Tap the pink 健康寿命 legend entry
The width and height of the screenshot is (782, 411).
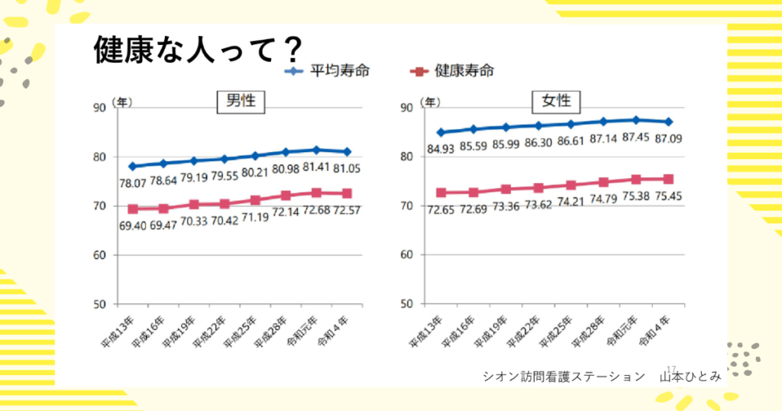point(452,72)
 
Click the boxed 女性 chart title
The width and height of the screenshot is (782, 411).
point(551,101)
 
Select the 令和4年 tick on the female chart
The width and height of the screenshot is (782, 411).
point(653,329)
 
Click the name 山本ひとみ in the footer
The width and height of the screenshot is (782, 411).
point(691,376)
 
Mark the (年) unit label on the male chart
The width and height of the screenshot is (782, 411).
point(121,101)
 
